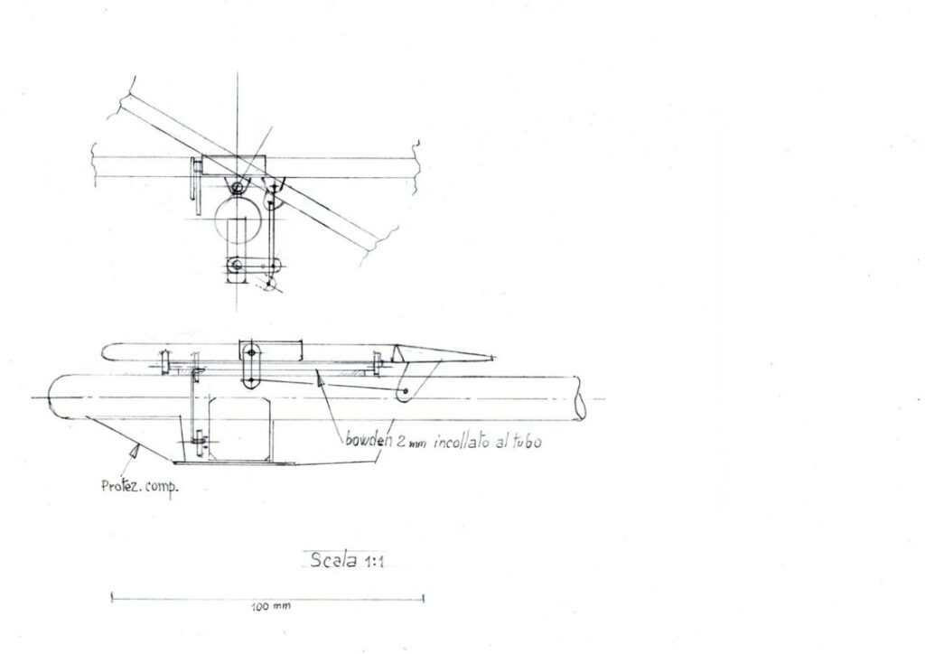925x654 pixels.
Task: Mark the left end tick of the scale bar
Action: pyautogui.click(x=111, y=597)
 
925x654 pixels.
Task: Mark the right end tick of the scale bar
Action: pyautogui.click(x=424, y=597)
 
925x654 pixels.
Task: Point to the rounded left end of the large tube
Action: pyautogui.click(x=54, y=398)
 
